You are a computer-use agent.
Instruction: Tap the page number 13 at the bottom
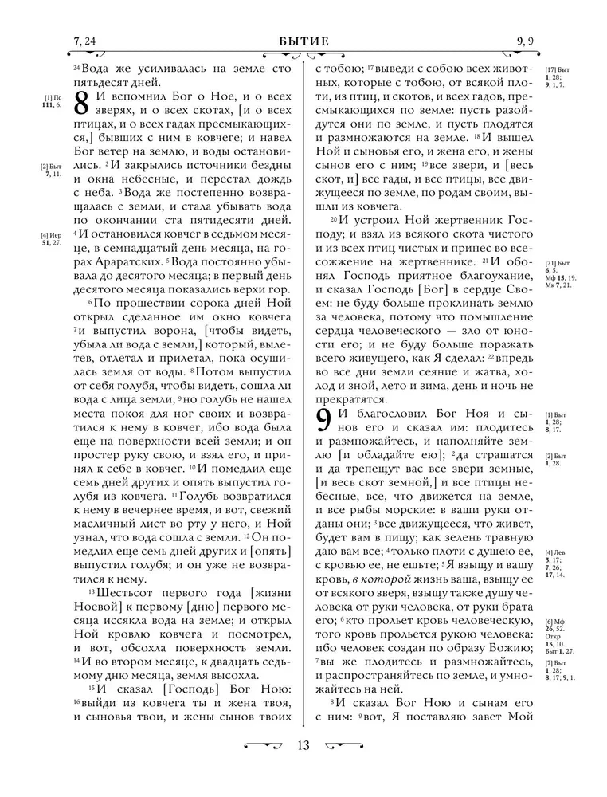[x=303, y=745]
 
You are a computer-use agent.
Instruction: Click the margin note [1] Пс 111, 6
[x=52, y=100]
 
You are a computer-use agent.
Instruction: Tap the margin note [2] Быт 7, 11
[x=52, y=170]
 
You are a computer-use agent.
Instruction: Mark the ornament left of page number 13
[x=264, y=745]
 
